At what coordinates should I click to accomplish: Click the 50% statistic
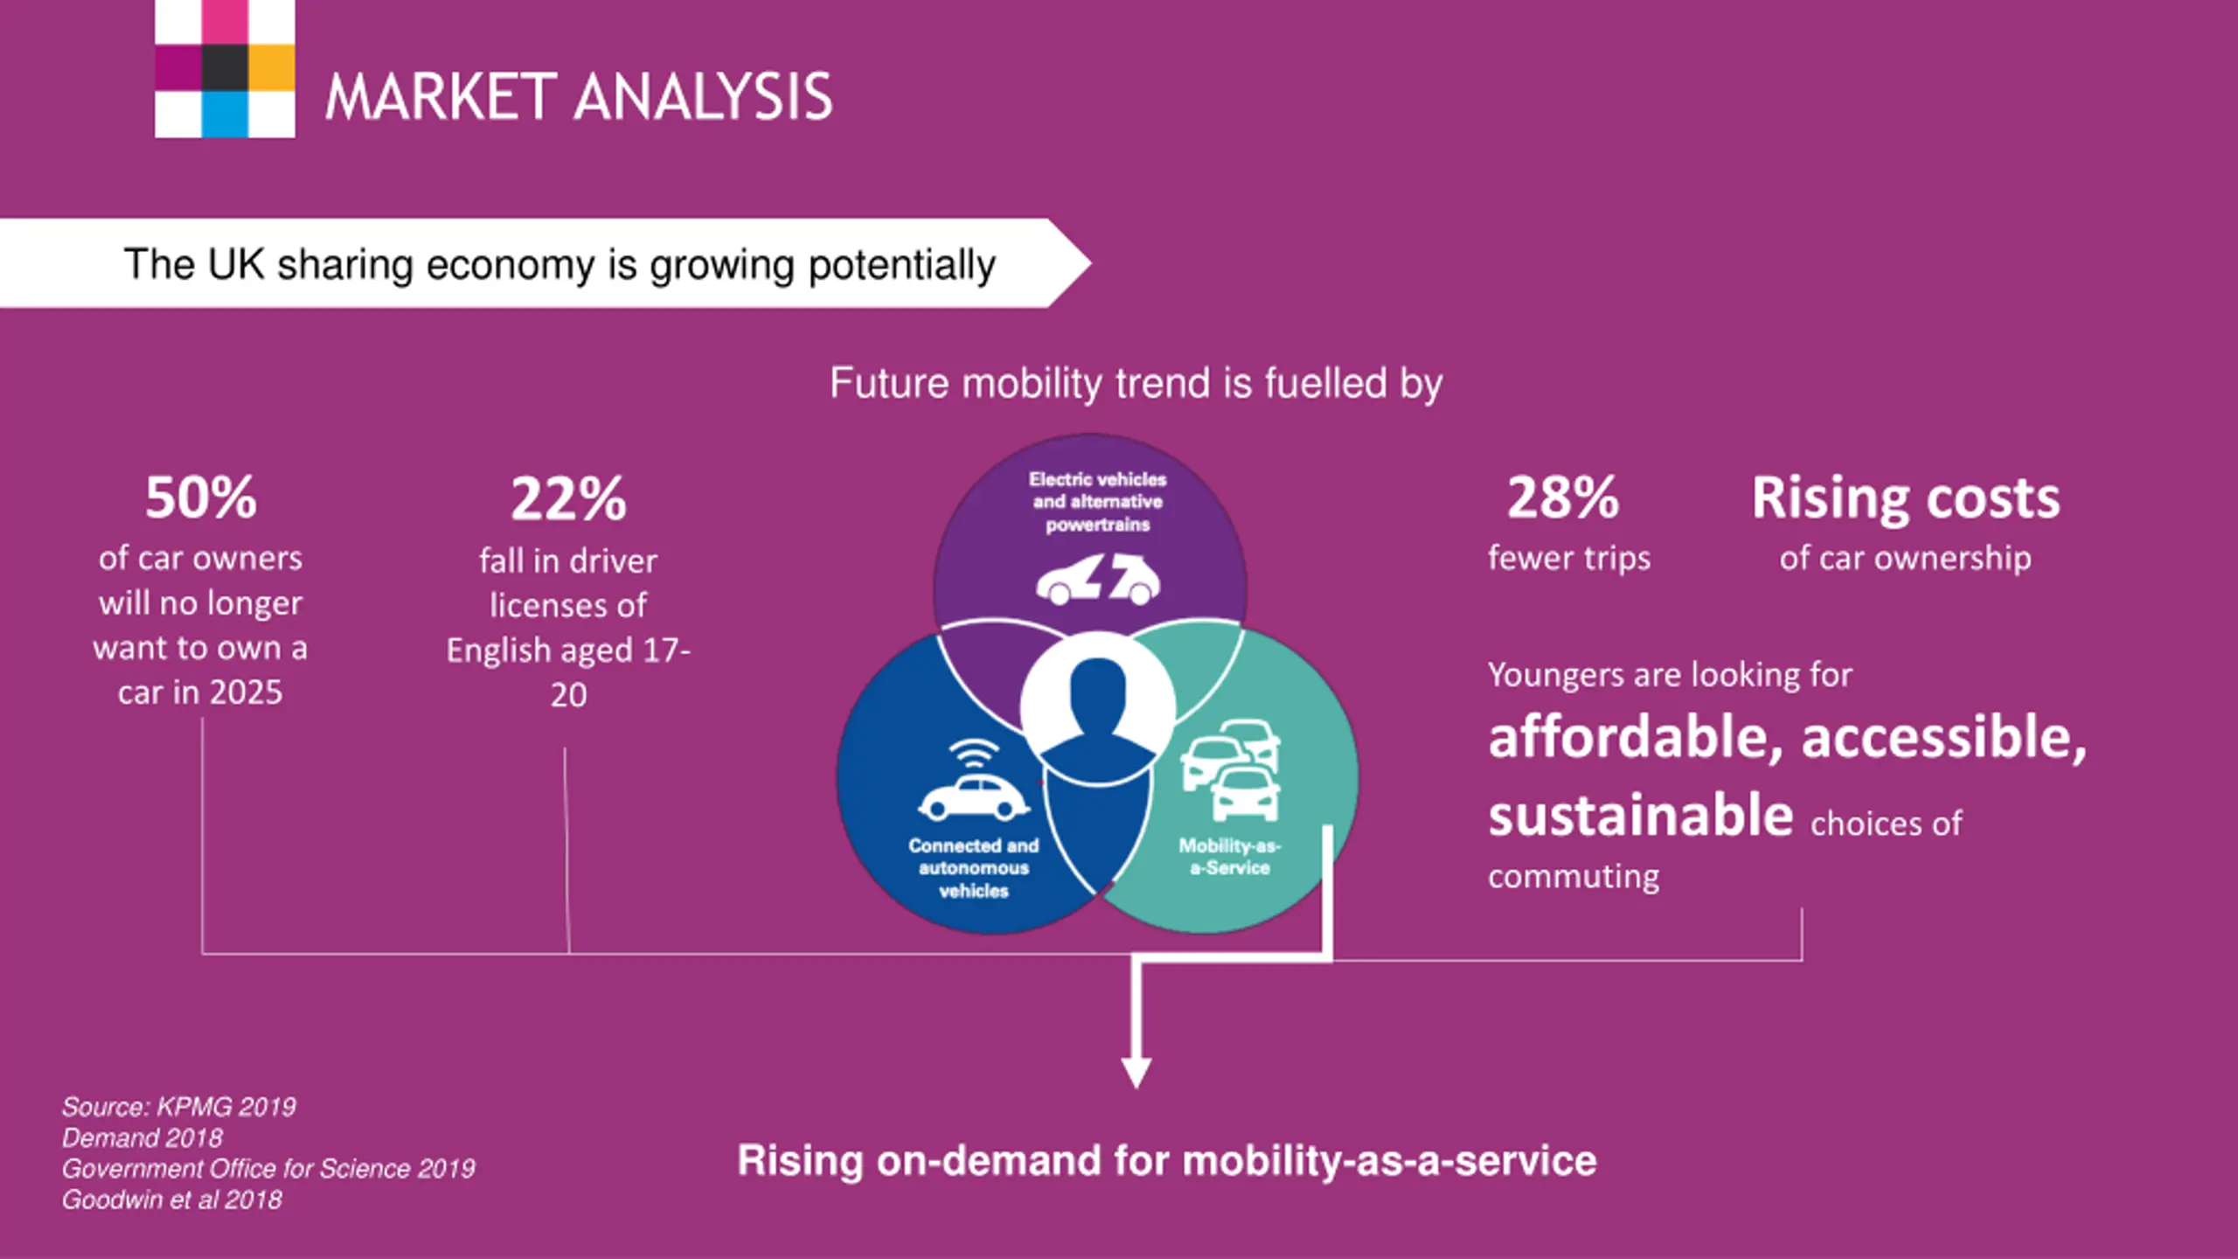click(201, 498)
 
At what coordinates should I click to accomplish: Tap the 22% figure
click(568, 500)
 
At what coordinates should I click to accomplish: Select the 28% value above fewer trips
click(1563, 498)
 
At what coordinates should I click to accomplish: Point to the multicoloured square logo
click(225, 68)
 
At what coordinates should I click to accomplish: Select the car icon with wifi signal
click(973, 783)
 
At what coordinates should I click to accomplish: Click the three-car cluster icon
click(1231, 769)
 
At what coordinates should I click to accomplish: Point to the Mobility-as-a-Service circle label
click(1229, 857)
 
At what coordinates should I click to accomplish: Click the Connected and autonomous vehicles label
click(973, 868)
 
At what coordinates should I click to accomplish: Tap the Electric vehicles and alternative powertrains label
click(1098, 502)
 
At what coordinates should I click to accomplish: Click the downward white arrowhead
click(1136, 1071)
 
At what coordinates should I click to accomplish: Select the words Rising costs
click(1906, 498)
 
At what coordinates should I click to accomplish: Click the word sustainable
click(1641, 816)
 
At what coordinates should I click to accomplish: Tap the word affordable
click(1635, 737)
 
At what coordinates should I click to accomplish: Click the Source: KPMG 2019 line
click(179, 1107)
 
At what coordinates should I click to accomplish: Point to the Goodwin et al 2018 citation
click(172, 1200)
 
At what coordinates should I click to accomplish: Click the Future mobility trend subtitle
click(1136, 383)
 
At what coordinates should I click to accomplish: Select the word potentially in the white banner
click(902, 265)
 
